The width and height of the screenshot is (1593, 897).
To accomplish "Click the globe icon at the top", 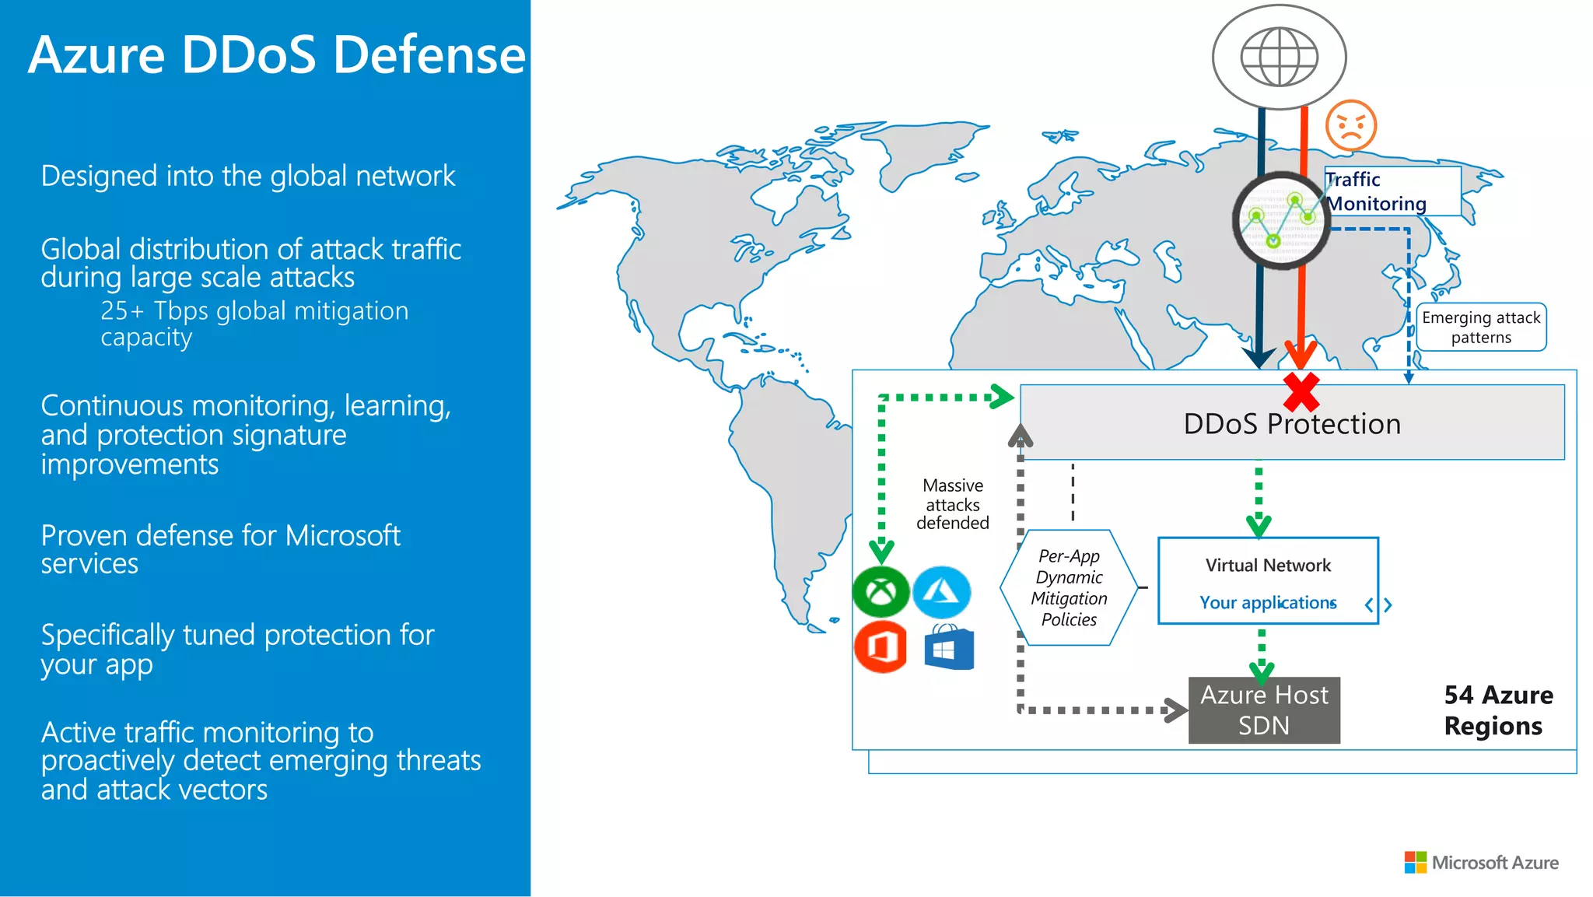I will point(1279,57).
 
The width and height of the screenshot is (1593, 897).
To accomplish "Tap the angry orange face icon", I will point(1351,125).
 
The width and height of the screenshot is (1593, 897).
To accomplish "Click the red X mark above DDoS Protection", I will point(1301,391).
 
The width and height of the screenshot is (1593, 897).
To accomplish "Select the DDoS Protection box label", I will point(1291,424).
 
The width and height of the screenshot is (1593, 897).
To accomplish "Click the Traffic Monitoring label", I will point(1377,191).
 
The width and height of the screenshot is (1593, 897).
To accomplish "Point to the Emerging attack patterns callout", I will point(1480,328).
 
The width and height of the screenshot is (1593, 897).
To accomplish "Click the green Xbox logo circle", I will point(881,593).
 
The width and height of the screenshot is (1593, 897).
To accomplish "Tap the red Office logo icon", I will point(881,646).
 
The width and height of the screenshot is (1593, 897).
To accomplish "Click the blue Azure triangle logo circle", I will point(941,593).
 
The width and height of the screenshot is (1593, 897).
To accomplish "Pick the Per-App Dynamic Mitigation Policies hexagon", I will point(1068,588).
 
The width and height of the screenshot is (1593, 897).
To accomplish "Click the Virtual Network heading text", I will point(1267,566).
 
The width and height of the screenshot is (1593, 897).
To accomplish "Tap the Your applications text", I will point(1267,603).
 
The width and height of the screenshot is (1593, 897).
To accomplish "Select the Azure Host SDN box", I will point(1264,710).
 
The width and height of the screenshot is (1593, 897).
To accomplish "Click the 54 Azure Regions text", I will point(1497,710).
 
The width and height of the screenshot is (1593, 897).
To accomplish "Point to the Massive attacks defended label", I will point(952,504).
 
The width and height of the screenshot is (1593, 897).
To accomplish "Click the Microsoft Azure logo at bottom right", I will point(1481,863).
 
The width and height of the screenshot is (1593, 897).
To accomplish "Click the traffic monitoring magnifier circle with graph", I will point(1280,222).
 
